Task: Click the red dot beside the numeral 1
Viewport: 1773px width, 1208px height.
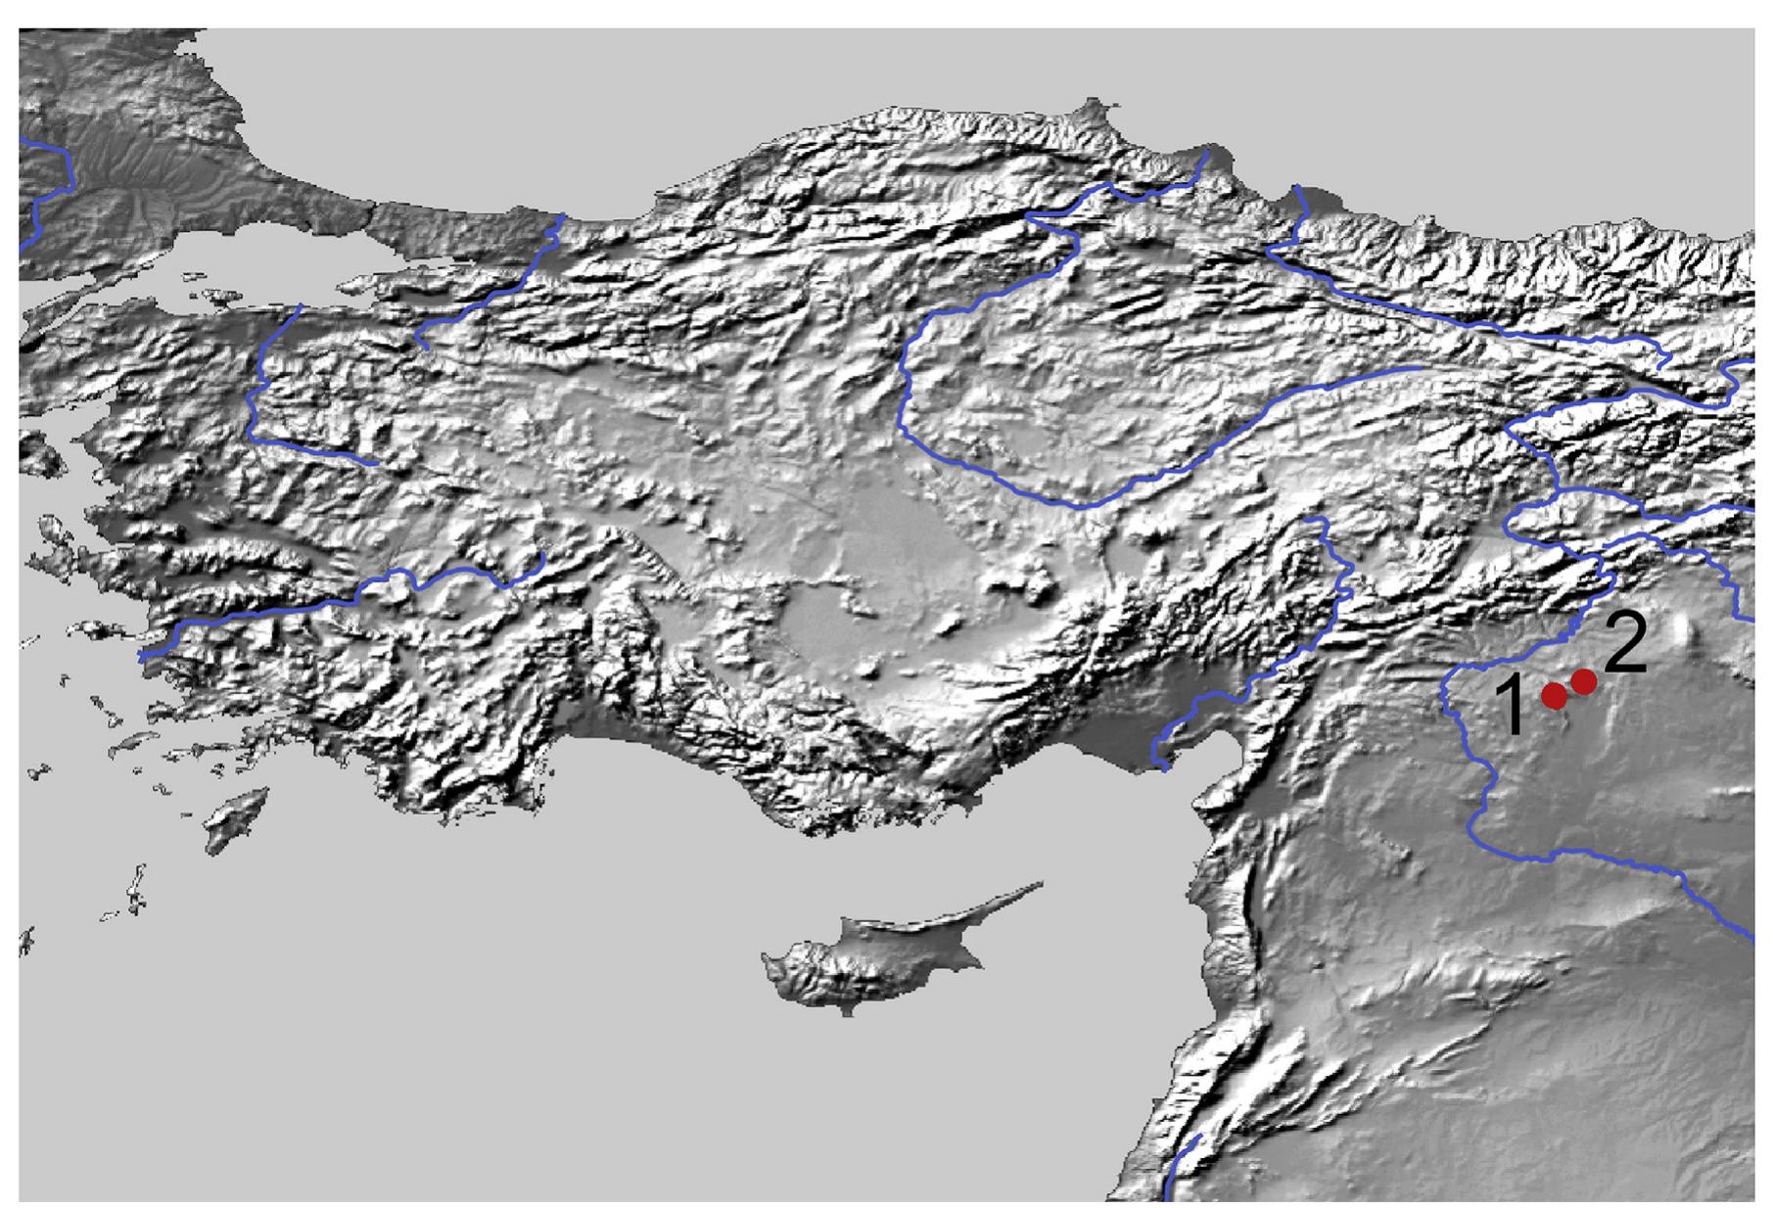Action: [1554, 695]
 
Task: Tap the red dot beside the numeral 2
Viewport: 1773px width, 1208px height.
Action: [1584, 680]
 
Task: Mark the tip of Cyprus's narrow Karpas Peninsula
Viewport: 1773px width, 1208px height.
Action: [1038, 886]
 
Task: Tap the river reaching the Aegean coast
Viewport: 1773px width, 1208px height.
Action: [294, 602]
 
